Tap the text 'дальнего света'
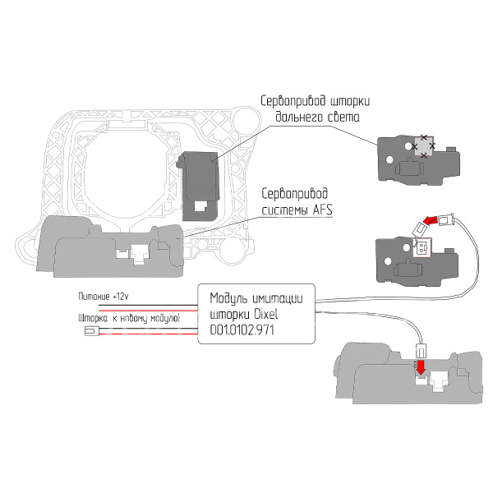(317, 117)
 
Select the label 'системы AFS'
(297, 210)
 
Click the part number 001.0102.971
(242, 330)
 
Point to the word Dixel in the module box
(266, 314)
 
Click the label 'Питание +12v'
(104, 296)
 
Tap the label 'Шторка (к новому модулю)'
(129, 319)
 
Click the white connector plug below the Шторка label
(92, 331)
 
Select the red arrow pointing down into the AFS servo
(421, 367)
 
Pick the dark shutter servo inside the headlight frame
(199, 186)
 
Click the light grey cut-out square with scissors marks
(423, 146)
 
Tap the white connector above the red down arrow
(421, 351)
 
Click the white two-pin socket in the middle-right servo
(422, 247)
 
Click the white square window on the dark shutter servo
(200, 206)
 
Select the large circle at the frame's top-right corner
(246, 122)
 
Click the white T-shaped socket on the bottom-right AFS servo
(440, 380)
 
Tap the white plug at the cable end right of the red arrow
(446, 219)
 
